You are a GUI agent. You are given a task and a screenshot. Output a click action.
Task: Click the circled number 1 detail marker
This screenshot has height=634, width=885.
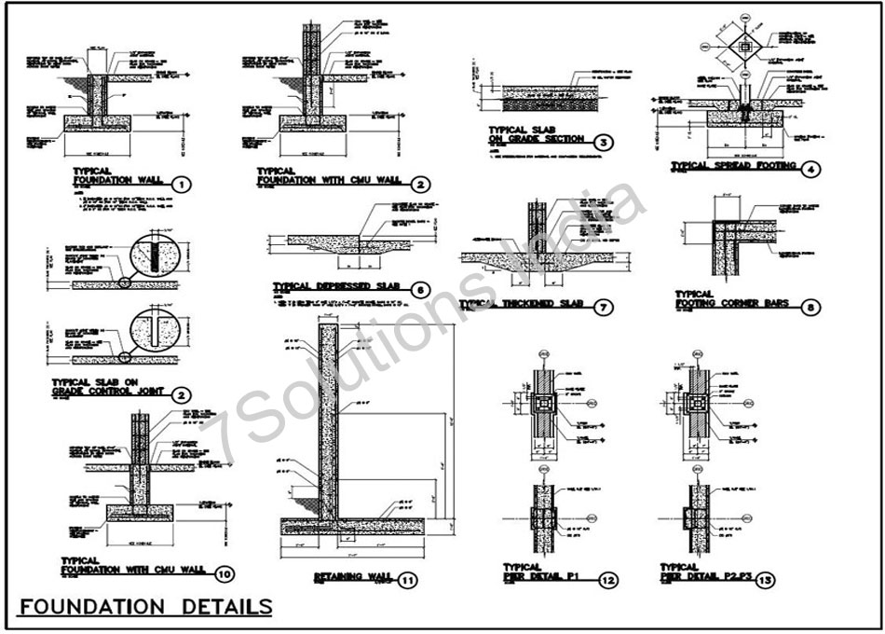(x=182, y=185)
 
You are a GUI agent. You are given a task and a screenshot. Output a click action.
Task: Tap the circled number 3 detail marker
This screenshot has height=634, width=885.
(x=605, y=143)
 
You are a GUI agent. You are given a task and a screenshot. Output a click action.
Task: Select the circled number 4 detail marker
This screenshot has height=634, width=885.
(x=813, y=169)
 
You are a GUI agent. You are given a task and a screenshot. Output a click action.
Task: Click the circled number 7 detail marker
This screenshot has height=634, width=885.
(x=603, y=307)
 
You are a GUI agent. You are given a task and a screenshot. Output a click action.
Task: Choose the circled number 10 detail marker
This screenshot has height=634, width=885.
(x=224, y=573)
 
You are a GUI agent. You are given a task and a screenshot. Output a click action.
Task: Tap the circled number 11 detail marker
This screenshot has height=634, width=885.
(x=408, y=580)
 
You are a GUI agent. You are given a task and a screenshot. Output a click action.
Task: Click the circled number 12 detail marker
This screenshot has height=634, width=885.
(x=607, y=581)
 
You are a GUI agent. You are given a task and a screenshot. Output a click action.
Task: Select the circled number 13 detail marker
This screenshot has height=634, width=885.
(x=765, y=581)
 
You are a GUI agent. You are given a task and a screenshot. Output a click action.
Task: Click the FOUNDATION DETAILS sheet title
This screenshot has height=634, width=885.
(x=145, y=607)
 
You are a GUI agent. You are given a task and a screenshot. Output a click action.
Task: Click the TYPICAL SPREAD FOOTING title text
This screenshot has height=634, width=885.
(x=735, y=166)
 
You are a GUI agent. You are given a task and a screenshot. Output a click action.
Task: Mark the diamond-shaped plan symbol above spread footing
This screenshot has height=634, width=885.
(x=743, y=45)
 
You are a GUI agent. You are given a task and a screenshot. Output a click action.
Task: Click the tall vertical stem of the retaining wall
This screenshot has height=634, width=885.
(x=327, y=420)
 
